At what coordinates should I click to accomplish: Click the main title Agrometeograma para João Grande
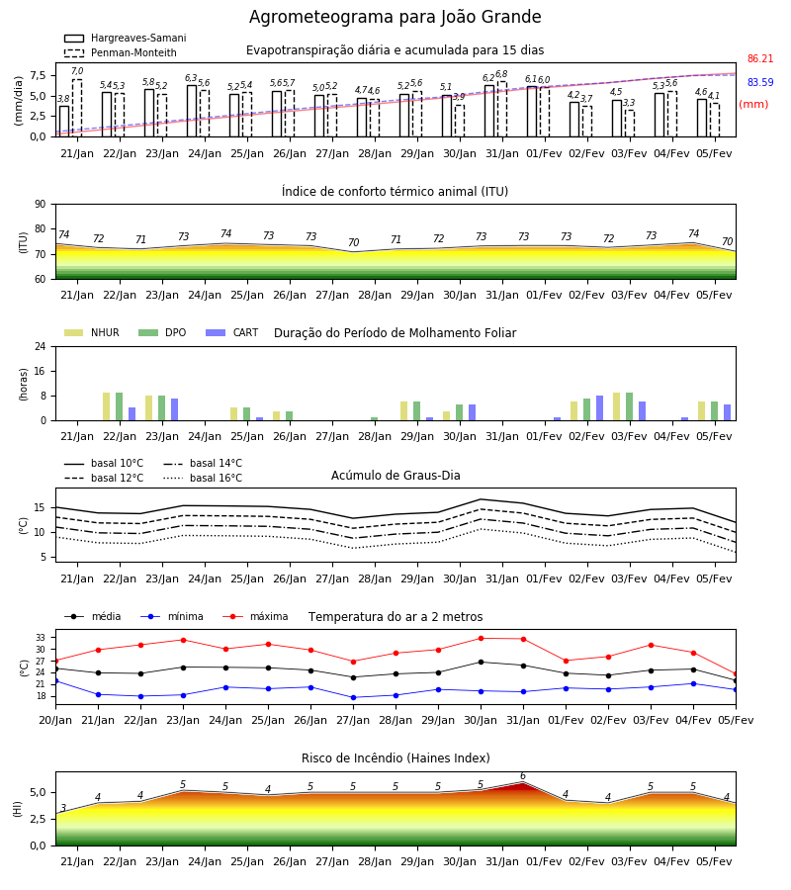click(395, 17)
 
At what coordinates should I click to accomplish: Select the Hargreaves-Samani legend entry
click(125, 38)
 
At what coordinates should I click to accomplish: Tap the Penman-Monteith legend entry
click(121, 52)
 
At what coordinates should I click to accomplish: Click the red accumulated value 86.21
click(760, 58)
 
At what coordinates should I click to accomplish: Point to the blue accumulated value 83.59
click(760, 82)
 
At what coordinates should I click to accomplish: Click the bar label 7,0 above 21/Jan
click(77, 71)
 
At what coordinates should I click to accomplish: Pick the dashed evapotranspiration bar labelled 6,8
click(501, 109)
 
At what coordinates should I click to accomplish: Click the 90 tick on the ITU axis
click(41, 205)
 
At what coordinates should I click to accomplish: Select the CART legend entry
click(232, 332)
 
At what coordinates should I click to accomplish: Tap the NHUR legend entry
click(92, 332)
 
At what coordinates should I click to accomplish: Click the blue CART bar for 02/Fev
click(600, 408)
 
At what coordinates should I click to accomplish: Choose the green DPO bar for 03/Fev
click(629, 406)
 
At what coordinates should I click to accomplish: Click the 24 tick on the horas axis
click(41, 346)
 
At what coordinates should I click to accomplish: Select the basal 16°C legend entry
click(203, 478)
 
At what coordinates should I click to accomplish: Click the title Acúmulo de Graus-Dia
click(395, 475)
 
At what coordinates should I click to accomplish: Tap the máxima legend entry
click(255, 616)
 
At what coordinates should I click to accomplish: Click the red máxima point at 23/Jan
click(183, 640)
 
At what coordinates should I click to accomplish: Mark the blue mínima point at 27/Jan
click(354, 697)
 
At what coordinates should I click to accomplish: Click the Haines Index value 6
click(523, 776)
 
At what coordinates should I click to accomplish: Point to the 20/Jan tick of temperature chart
click(55, 720)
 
